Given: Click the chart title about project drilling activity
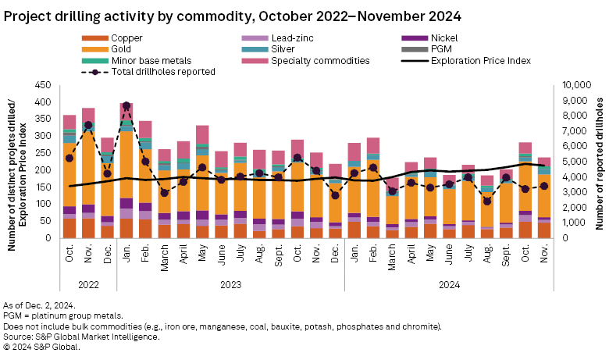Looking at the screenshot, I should (x=233, y=15).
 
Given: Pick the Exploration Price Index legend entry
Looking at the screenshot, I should (x=481, y=60).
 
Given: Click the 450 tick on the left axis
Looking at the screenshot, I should (x=43, y=85).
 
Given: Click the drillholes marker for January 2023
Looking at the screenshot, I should (x=126, y=105).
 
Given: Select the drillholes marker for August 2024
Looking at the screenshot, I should (x=487, y=201).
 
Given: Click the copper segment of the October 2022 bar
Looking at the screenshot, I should (x=69, y=227).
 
